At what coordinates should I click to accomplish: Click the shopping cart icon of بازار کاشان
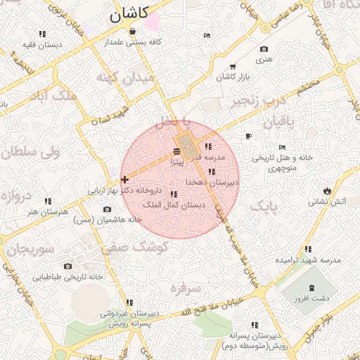point(232,67)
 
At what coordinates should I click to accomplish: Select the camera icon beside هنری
point(264,49)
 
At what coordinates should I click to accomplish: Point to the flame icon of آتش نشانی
point(327,191)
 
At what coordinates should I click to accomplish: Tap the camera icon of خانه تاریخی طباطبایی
point(67,266)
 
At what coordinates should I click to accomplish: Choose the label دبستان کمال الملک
point(173,205)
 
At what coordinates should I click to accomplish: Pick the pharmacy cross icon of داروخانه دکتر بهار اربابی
point(124,180)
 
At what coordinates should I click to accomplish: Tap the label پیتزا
point(176,162)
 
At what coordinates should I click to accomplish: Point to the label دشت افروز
point(314,298)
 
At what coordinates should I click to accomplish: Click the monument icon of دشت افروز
point(312,288)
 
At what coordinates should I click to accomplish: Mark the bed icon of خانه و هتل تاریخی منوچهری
point(282,148)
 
